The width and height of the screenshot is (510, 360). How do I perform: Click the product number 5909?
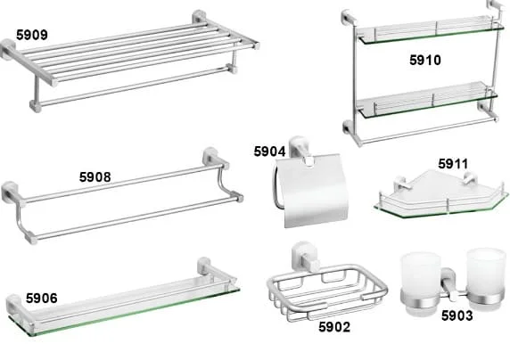pyautogui.click(x=32, y=35)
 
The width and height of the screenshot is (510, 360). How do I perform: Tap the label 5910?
pyautogui.click(x=425, y=61)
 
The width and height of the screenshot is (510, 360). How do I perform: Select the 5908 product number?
pyautogui.click(x=95, y=177)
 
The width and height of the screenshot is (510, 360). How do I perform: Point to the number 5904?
pyautogui.click(x=269, y=151)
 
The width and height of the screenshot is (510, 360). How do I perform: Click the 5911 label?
pyautogui.click(x=453, y=164)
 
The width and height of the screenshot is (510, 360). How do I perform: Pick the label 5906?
pyautogui.click(x=42, y=299)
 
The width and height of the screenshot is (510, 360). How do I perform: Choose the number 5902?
pyautogui.click(x=334, y=327)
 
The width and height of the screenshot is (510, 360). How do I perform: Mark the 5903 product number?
pyautogui.click(x=457, y=315)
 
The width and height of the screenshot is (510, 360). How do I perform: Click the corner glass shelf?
pyautogui.click(x=440, y=195)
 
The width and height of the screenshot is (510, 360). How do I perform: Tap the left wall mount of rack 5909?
pyautogui.click(x=8, y=49)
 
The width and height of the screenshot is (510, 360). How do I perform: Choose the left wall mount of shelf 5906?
pyautogui.click(x=14, y=306)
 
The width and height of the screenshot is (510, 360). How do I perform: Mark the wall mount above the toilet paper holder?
pyautogui.click(x=300, y=148)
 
